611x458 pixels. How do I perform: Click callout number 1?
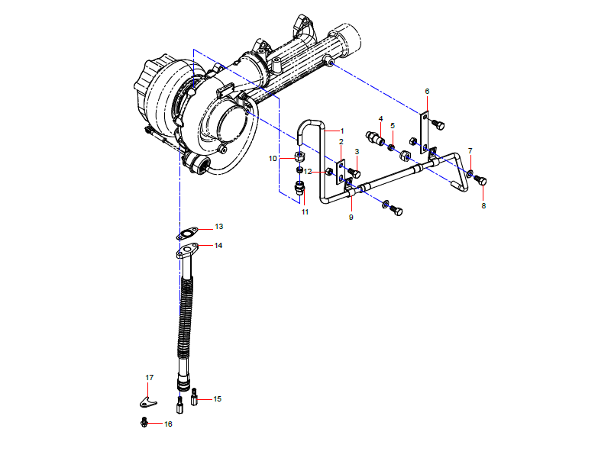point(342,131)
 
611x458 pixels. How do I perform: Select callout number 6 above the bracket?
point(427,92)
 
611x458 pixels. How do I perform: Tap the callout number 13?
point(218,227)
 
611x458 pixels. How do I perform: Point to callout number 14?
point(218,246)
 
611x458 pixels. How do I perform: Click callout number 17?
point(150,378)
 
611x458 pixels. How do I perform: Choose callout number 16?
point(168,424)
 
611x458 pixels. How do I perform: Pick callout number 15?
point(218,398)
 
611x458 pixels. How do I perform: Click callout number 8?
point(483,205)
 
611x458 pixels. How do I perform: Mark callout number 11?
point(304,211)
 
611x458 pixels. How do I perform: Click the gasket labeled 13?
point(187,233)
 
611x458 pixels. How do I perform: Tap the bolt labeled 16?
point(144,422)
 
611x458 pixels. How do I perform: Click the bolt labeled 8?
point(480,180)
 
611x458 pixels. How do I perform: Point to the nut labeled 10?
point(301,157)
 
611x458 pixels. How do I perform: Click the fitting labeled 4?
point(376,139)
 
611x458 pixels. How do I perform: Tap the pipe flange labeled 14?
point(189,251)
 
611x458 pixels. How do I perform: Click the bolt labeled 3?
point(354,173)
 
